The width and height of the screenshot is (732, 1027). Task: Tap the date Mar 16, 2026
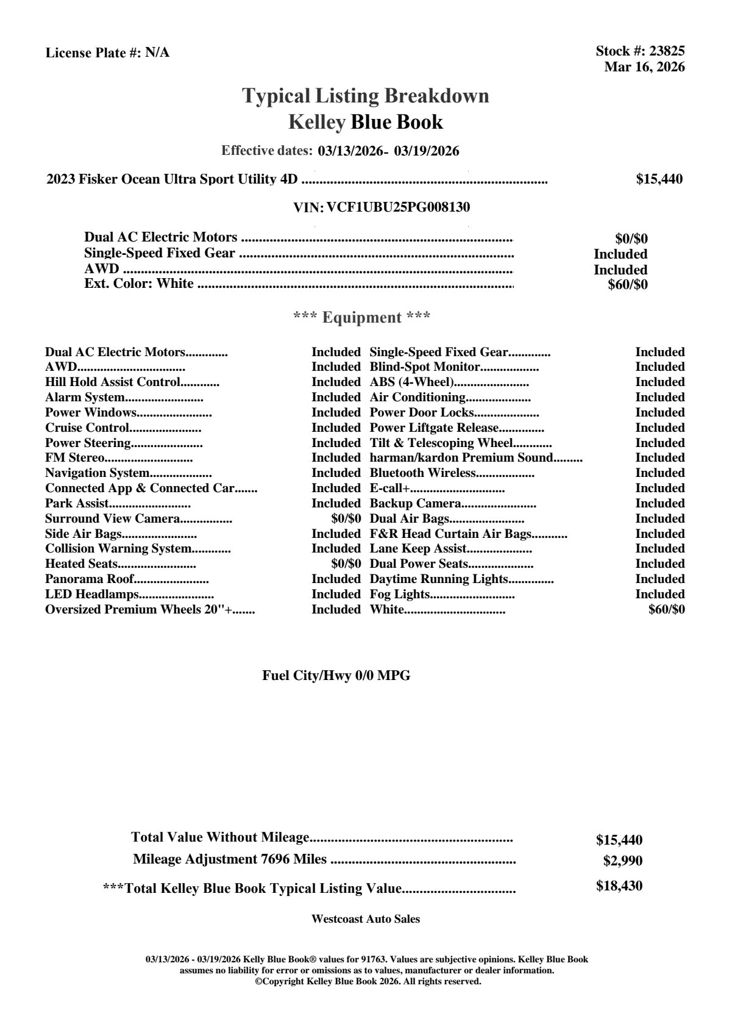tap(644, 67)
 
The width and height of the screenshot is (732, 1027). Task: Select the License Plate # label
tap(94, 53)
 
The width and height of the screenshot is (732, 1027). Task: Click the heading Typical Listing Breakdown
tap(366, 96)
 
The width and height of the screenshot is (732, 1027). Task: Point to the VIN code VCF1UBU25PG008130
tap(398, 207)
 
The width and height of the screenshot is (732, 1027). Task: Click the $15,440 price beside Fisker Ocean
tap(659, 179)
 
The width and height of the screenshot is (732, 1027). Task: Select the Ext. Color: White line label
tap(139, 284)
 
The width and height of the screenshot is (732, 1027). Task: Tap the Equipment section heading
tap(362, 318)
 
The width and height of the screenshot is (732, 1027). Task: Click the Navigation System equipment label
tap(97, 473)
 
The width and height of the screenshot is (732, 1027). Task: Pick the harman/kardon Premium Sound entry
tap(461, 458)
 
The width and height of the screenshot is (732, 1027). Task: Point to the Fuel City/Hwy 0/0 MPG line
tap(336, 676)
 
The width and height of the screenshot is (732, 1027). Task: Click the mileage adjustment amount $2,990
tap(622, 861)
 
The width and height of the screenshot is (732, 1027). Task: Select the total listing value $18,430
tap(619, 886)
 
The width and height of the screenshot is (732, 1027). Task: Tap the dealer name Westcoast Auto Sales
tap(365, 919)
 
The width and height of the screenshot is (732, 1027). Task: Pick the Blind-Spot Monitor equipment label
tap(425, 367)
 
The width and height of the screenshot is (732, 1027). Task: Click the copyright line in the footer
tap(368, 982)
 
